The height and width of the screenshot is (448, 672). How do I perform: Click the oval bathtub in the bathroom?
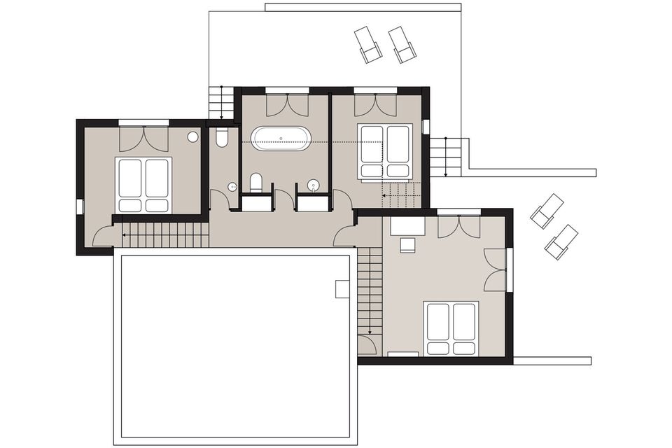[x=281, y=138]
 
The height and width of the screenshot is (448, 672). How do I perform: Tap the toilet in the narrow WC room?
[x=222, y=137]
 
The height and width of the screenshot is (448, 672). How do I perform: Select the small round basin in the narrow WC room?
[x=232, y=187]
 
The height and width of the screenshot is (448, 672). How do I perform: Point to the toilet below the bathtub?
[x=255, y=183]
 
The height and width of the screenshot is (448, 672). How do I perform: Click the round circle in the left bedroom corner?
[x=192, y=137]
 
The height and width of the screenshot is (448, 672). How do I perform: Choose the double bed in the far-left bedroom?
[x=144, y=184]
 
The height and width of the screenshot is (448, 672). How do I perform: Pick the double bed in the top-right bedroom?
[x=384, y=150]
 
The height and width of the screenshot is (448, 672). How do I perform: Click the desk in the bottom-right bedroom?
[x=407, y=225]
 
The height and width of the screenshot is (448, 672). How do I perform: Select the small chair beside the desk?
[x=407, y=245]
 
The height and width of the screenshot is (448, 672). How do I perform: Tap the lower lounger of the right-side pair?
[x=561, y=241]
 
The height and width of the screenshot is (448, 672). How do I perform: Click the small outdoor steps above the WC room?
[x=221, y=103]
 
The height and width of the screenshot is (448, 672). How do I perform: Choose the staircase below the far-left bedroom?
[x=165, y=235]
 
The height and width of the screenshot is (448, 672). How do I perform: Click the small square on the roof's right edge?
[x=342, y=288]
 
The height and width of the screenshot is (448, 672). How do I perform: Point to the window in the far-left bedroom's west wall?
[x=79, y=206]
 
